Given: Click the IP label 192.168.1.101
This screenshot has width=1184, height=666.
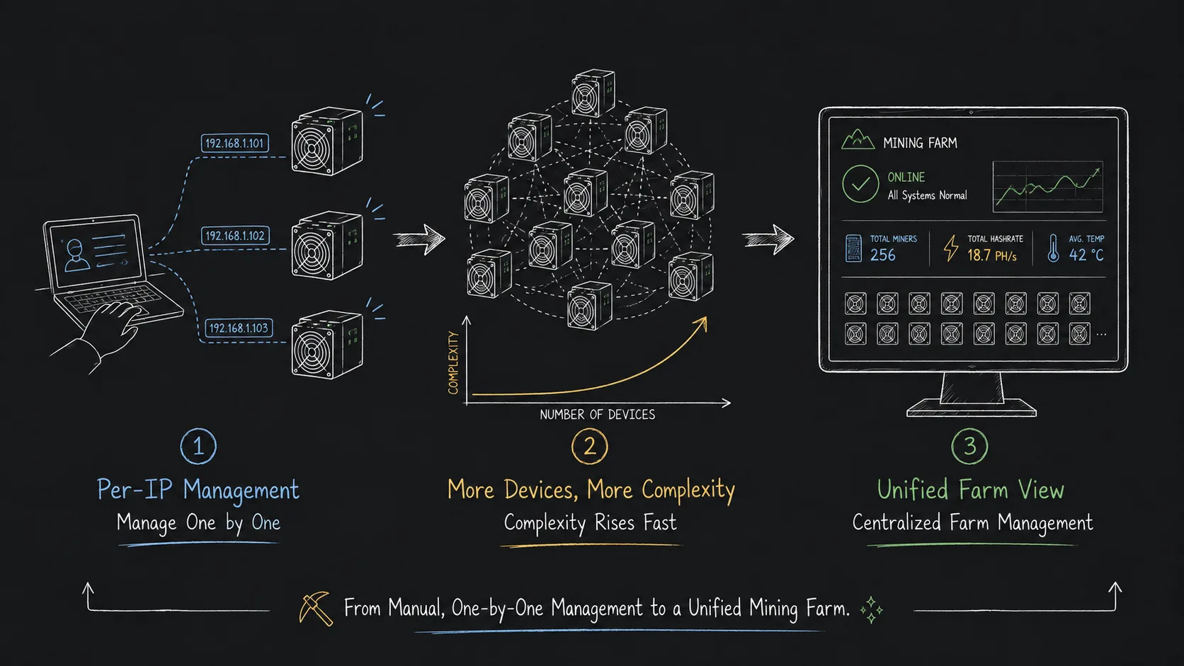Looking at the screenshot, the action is [234, 143].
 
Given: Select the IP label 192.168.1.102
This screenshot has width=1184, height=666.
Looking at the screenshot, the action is [235, 236].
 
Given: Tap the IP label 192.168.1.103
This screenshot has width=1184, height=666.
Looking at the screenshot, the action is [239, 328].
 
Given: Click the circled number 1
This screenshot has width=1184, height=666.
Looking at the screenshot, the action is [198, 447].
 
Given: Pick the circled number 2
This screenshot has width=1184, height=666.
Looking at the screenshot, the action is [589, 447].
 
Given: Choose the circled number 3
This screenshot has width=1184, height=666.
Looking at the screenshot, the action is [969, 447].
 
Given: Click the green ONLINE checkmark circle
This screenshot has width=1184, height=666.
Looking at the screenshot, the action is [860, 184].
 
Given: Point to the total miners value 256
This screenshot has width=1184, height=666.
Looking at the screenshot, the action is [883, 255].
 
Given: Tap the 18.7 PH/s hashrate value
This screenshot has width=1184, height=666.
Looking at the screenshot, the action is [991, 256].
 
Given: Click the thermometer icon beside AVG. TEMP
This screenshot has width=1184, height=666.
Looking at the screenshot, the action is [1053, 248].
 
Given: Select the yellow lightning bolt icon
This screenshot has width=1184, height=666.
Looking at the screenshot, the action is [951, 248].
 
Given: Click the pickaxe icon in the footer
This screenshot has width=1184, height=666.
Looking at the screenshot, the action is [316, 609].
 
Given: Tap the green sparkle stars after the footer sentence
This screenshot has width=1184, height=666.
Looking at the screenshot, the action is [872, 610].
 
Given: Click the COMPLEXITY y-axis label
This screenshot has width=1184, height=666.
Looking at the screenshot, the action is [453, 363].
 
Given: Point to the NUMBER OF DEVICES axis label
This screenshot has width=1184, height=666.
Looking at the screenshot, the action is [597, 415].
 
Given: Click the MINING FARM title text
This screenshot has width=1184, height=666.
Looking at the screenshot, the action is [920, 142].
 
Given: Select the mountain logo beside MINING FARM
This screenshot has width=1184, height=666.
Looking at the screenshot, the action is [858, 140].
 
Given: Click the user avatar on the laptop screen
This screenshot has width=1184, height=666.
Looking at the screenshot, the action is [76, 256].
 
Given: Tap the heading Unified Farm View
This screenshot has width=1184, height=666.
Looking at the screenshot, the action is [970, 490].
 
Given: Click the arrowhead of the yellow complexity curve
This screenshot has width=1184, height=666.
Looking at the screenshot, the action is [702, 323].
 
